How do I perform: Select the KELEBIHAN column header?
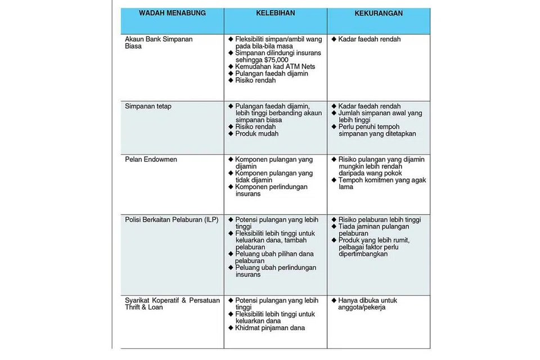275,13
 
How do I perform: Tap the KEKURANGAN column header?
379,13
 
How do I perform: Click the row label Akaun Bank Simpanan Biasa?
151,43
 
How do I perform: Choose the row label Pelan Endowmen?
151,160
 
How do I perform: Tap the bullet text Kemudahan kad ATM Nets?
275,66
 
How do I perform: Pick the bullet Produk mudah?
256,134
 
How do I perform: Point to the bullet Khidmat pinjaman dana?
270,328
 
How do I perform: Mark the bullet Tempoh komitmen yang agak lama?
382,183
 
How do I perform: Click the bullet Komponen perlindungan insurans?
271,190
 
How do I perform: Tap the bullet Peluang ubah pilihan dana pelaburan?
275,257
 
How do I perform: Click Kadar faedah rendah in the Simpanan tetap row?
370,106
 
